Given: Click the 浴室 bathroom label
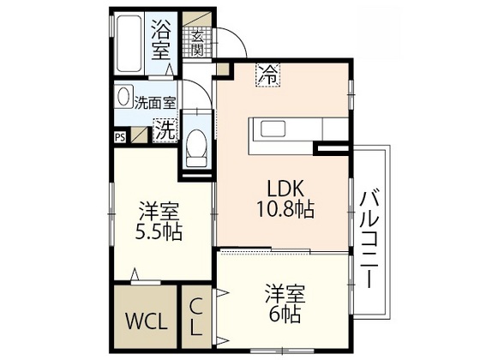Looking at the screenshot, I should coord(161,39).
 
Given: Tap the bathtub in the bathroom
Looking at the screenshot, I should coord(128,43).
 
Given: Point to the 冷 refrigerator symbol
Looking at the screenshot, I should coord(269,75).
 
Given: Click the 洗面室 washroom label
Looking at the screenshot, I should coord(155,101).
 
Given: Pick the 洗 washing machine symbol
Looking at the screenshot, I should coord(164,130).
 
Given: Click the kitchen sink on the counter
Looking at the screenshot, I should coord(277,129).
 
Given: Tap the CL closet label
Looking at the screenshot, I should coord(195,315).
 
